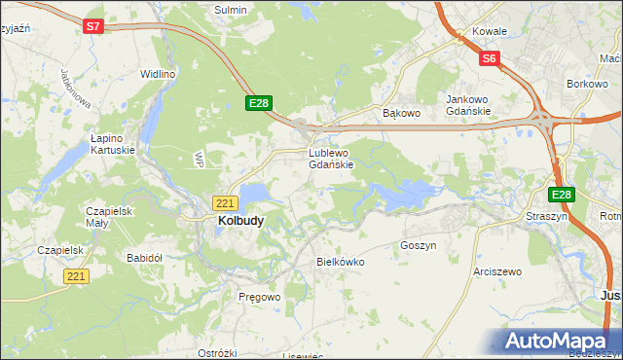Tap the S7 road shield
coord(92,27)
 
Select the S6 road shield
coord(490,59)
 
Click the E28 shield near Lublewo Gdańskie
coord(258,103)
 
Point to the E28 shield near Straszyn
coord(564,195)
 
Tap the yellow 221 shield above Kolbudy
coord(225,203)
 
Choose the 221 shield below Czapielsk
coord(77,277)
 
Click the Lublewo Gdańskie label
coord(337,159)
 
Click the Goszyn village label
coord(418,246)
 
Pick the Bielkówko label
coord(340,262)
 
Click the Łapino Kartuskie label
coord(112,144)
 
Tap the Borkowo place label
coord(587,85)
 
